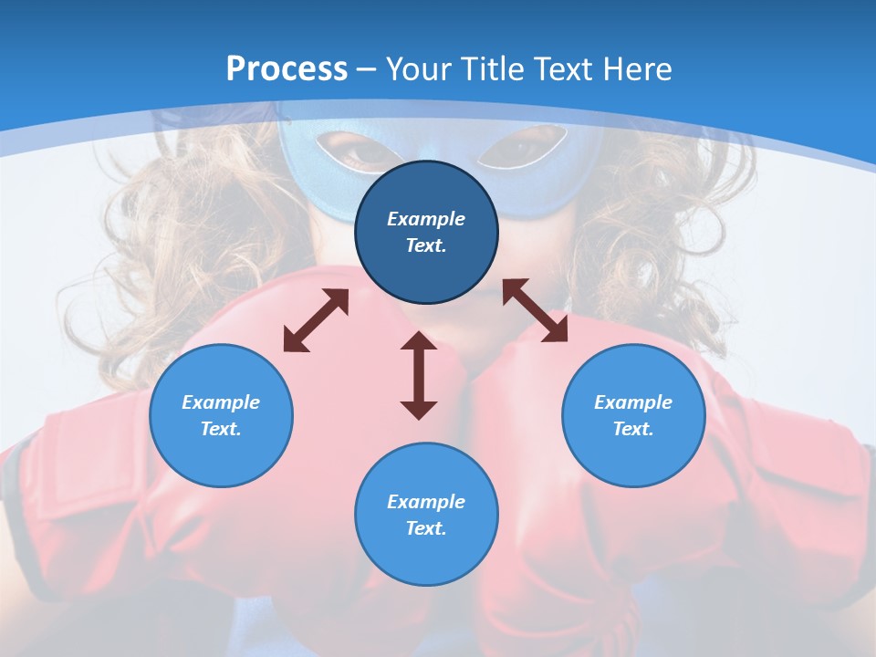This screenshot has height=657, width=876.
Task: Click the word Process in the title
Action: click(x=287, y=68)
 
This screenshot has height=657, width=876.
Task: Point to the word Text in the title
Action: click(x=564, y=68)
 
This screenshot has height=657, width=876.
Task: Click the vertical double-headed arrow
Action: click(x=419, y=375)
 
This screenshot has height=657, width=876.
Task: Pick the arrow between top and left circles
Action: click(x=316, y=320)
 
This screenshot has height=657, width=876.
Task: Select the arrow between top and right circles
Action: click(x=535, y=310)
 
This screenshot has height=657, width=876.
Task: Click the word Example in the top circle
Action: click(x=426, y=219)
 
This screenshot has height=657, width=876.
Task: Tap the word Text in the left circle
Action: click(x=221, y=429)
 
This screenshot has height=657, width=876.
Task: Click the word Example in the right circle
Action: click(x=633, y=402)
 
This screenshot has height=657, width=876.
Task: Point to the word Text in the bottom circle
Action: click(x=426, y=528)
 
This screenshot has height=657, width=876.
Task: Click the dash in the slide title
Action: click(x=367, y=69)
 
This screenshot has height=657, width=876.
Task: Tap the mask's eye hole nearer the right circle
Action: click(x=523, y=146)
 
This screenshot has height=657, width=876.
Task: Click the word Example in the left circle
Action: click(x=221, y=402)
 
